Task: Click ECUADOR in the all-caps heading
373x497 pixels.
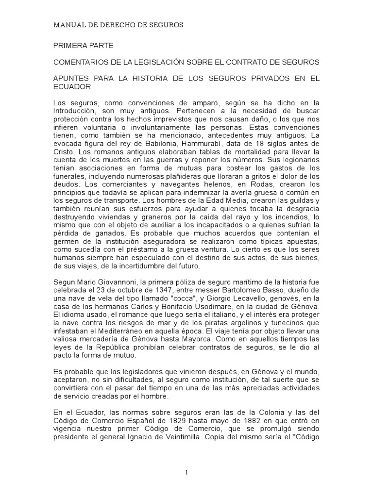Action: pyautogui.click(x=71, y=87)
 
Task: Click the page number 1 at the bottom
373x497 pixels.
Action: pyautogui.click(x=186, y=473)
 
